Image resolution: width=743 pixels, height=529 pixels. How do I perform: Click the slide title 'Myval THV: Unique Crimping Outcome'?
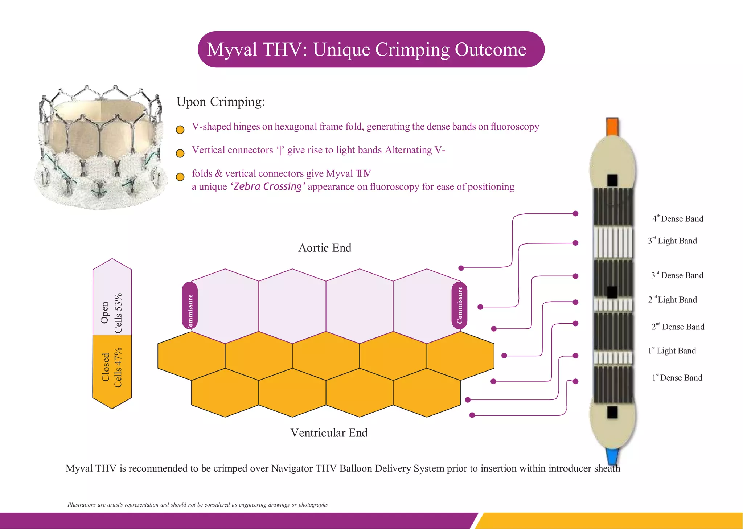pyautogui.click(x=366, y=49)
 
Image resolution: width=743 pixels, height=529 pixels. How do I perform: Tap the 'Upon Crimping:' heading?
pyautogui.click(x=220, y=102)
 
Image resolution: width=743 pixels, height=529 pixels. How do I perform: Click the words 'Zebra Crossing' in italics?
pyautogui.click(x=268, y=186)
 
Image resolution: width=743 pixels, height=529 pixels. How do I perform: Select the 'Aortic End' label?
pyautogui.click(x=325, y=248)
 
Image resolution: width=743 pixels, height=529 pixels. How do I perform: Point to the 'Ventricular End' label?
pyautogui.click(x=329, y=433)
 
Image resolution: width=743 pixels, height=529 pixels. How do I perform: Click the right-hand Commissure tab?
pyautogui.click(x=459, y=305)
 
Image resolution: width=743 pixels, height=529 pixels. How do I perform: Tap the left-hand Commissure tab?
pyautogui.click(x=190, y=306)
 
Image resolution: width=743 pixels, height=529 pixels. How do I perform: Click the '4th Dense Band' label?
pyautogui.click(x=678, y=219)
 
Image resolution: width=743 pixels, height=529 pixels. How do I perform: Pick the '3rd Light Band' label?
pyautogui.click(x=673, y=241)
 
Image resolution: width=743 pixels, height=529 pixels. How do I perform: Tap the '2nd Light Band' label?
pyautogui.click(x=673, y=300)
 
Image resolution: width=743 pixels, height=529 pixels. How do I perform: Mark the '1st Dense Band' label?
pyautogui.click(x=677, y=378)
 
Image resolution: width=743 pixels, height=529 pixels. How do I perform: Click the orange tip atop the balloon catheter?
pyautogui.click(x=612, y=127)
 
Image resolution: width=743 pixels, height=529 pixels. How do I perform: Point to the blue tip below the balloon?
pyautogui.click(x=612, y=456)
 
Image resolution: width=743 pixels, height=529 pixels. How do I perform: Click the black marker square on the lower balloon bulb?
pyautogui.click(x=612, y=412)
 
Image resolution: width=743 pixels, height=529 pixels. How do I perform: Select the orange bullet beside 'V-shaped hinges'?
pyautogui.click(x=180, y=130)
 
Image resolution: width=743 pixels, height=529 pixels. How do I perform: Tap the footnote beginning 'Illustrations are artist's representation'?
pyautogui.click(x=197, y=505)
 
